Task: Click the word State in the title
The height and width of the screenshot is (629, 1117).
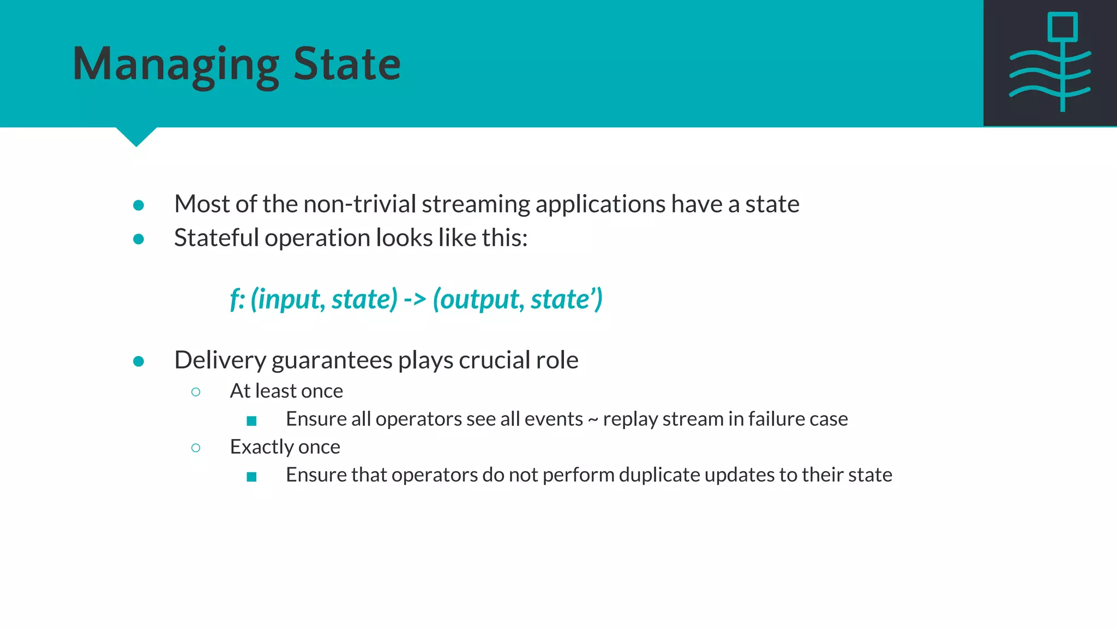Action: (347, 64)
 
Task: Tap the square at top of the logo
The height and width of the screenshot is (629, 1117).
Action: (1062, 27)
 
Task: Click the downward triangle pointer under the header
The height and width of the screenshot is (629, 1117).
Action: (136, 135)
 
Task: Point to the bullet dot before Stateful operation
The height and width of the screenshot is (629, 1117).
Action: (139, 239)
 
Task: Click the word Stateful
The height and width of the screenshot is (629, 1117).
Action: (216, 238)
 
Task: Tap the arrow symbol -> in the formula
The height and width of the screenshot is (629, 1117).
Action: (415, 299)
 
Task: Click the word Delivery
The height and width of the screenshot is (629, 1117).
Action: (220, 360)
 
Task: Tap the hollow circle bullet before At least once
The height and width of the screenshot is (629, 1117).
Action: (196, 392)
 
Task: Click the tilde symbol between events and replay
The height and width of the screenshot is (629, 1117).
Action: (593, 419)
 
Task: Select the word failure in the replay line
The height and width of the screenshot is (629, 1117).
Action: (776, 419)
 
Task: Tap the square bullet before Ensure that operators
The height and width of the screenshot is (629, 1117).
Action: (251, 477)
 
